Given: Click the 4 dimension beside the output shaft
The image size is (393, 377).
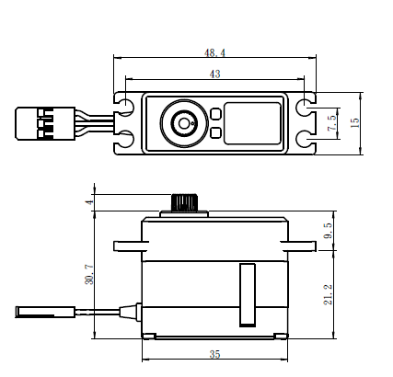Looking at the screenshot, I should [88, 202].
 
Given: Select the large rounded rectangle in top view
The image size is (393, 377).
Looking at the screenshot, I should [252, 122].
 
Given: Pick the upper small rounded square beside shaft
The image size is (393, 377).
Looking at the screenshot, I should [214, 113].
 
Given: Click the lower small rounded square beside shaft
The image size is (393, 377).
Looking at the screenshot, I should [214, 132].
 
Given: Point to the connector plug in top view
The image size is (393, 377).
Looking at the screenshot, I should [35, 122].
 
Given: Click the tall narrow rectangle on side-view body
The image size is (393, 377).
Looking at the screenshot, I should [245, 294].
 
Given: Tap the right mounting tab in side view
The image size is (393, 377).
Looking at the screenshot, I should [302, 246].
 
